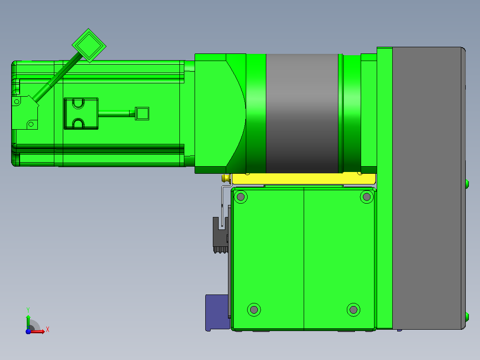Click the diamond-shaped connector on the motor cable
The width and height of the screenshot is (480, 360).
[89, 45]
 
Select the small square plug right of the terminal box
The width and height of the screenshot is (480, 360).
[142, 113]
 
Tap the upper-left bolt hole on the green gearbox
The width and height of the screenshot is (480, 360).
[240, 196]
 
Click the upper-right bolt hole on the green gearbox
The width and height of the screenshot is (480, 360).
[366, 196]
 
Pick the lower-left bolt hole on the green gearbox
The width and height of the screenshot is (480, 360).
[254, 310]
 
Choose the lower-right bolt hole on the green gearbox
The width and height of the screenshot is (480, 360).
[353, 310]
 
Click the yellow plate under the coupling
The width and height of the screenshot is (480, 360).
[304, 179]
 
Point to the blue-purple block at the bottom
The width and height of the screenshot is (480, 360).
[217, 312]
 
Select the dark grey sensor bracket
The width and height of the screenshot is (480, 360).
[220, 234]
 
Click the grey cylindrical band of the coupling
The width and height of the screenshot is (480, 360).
[302, 113]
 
